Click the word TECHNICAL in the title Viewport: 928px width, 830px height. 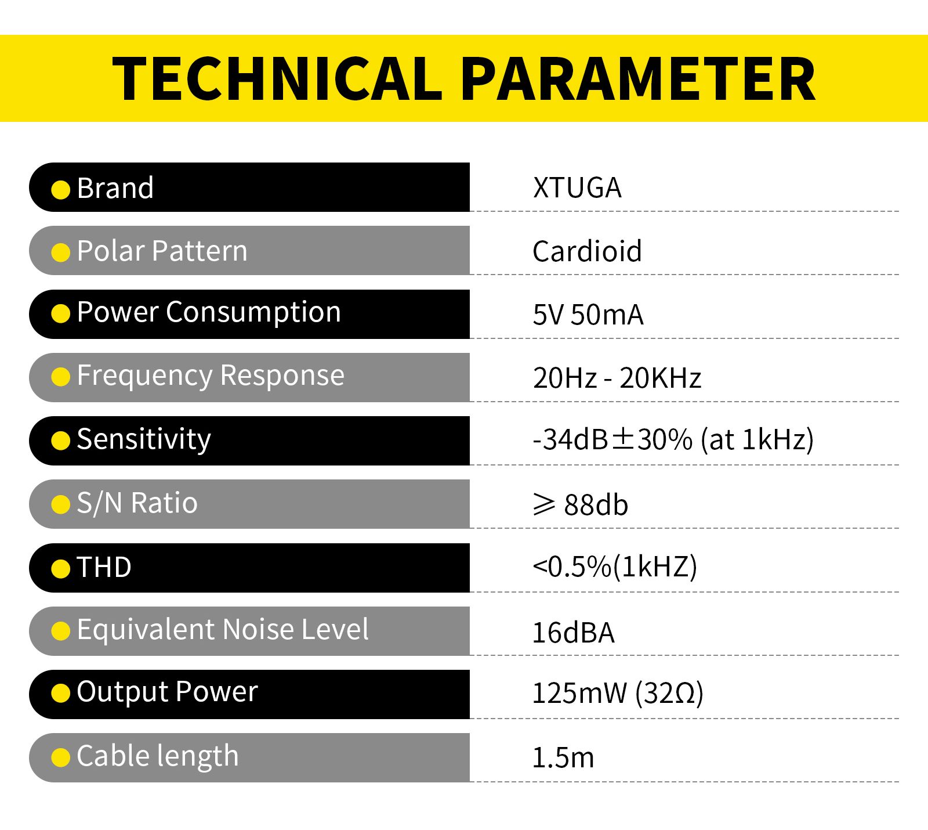[277, 79]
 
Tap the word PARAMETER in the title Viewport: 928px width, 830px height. [640, 79]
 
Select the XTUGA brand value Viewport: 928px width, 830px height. [577, 187]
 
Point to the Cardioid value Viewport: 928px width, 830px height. [587, 251]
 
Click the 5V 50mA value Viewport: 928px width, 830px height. [588, 315]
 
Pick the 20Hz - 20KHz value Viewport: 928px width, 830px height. [617, 378]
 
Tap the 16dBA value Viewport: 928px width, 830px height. [573, 632]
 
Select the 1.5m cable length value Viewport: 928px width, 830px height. [563, 757]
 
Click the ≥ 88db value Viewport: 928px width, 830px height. [580, 504]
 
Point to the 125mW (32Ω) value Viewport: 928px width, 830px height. [618, 693]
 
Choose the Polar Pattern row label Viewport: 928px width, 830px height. [162, 251]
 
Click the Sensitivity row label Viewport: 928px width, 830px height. [144, 439]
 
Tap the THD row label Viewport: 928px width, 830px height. [104, 567]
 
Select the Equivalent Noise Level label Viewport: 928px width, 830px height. [222, 629]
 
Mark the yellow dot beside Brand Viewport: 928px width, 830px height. [60, 189]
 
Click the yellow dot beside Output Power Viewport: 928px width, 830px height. [60, 693]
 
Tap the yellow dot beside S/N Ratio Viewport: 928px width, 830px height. [60, 504]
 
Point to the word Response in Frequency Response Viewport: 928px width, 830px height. [282, 376]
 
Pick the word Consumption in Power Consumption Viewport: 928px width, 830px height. [253, 313]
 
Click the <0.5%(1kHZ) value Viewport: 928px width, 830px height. [615, 566]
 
